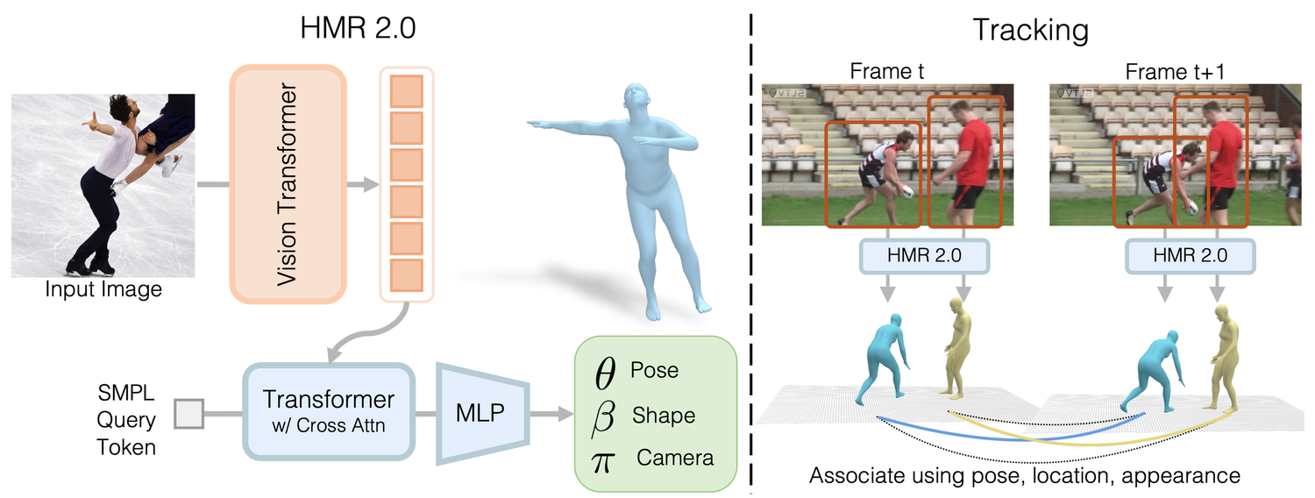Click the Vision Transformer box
(288, 184)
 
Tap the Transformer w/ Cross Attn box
(329, 410)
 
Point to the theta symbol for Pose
(605, 373)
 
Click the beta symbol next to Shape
(605, 416)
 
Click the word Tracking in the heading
(1031, 31)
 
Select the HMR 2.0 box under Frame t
(926, 255)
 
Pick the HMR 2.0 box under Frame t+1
(1190, 255)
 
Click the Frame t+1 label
(1163, 71)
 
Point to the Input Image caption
(103, 288)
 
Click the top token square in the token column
(406, 90)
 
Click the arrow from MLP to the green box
(548, 412)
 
